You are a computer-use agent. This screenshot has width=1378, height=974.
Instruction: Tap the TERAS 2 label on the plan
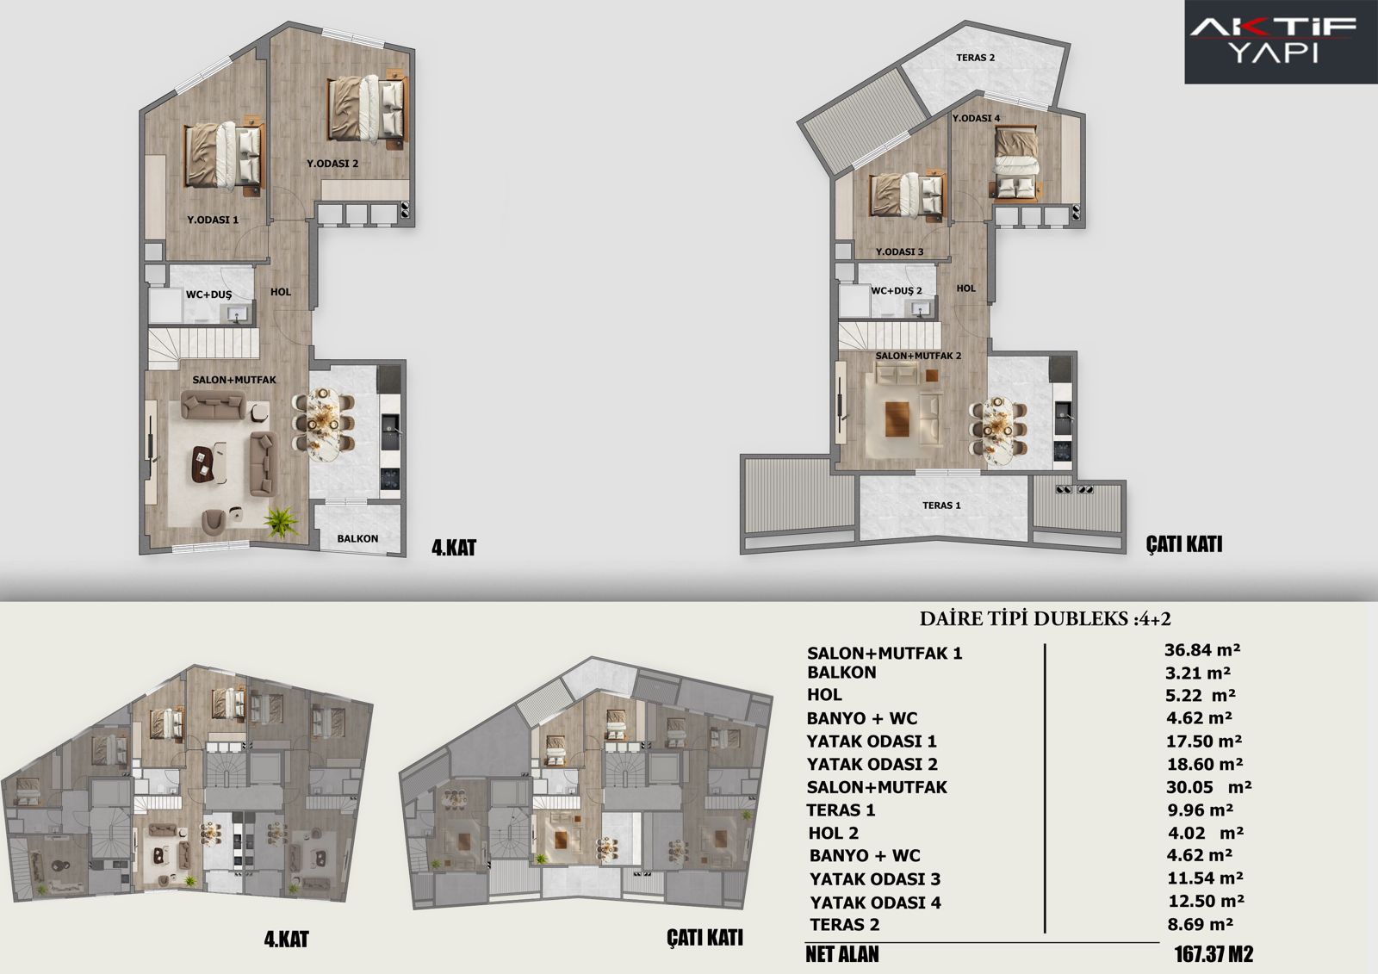pyautogui.click(x=975, y=58)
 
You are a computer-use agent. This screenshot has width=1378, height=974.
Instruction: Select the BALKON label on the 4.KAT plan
pyautogui.click(x=357, y=538)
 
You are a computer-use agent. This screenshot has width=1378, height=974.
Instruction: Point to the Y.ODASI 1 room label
pyautogui.click(x=213, y=220)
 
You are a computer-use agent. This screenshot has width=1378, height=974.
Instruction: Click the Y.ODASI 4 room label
pyautogui.click(x=977, y=118)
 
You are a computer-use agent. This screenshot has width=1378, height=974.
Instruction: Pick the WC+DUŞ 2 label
pyautogui.click(x=897, y=290)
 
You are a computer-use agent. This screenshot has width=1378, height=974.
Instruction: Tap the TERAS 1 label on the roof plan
pyautogui.click(x=941, y=506)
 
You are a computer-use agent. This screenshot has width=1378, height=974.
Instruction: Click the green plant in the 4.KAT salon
pyautogui.click(x=282, y=521)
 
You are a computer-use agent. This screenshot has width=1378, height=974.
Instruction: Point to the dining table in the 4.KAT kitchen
pyautogui.click(x=322, y=424)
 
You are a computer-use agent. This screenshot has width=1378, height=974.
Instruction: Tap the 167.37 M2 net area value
pyautogui.click(x=1214, y=953)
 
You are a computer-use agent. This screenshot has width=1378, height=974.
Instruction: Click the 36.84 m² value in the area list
pyautogui.click(x=1202, y=650)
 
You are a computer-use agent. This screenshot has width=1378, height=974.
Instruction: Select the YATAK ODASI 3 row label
pyautogui.click(x=875, y=879)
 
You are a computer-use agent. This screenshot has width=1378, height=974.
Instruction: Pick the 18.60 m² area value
pyautogui.click(x=1205, y=764)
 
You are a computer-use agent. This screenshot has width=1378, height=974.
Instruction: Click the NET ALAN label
pyautogui.click(x=842, y=954)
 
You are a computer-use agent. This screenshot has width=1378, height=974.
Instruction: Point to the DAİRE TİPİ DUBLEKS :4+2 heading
pyautogui.click(x=1046, y=618)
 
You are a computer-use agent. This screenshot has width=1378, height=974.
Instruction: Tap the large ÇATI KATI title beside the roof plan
pyautogui.click(x=1184, y=544)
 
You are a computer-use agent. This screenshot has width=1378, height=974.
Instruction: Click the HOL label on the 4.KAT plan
pyautogui.click(x=281, y=292)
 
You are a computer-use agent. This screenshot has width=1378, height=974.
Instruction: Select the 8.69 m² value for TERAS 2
pyautogui.click(x=1201, y=924)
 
